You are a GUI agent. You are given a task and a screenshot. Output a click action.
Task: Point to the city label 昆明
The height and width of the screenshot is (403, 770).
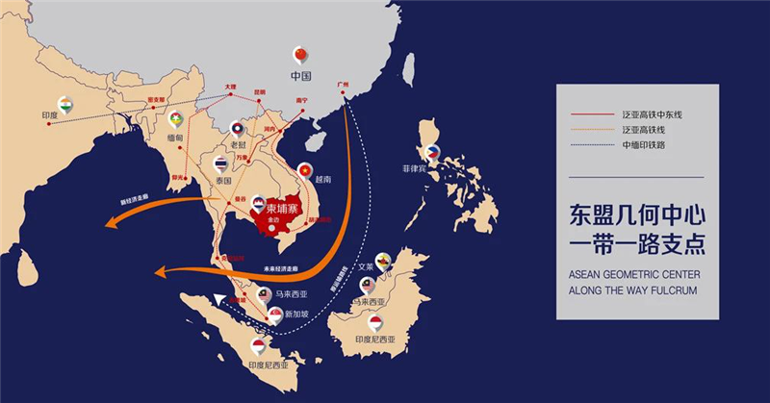260,91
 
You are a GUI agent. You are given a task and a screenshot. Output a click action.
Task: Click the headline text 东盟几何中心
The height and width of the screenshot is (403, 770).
637,212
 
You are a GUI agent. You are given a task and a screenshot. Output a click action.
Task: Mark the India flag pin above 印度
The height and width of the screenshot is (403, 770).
65,104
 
